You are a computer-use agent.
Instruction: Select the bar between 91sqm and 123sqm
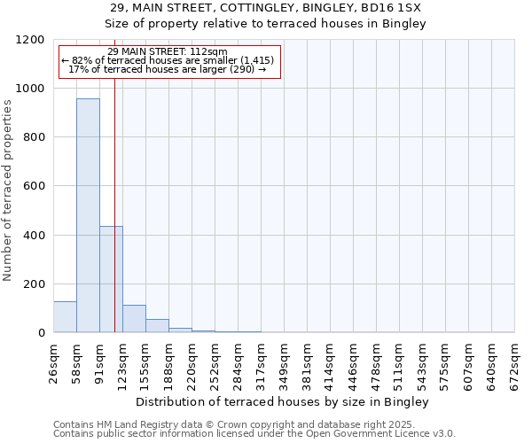pos(111,279)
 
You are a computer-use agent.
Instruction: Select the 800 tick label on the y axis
pos(33,137)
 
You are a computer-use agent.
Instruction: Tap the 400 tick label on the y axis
pos(33,235)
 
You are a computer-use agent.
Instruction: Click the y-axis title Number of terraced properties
pos(8,190)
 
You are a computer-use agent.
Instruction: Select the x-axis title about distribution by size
pos(283,401)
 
